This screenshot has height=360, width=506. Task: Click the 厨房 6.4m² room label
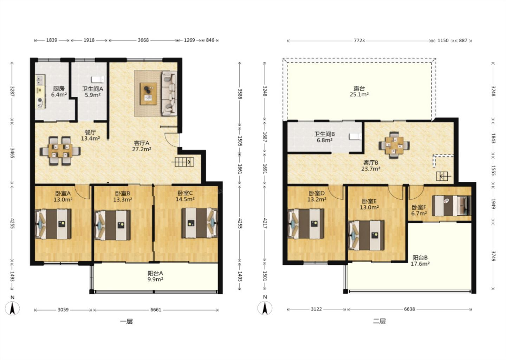click(x=59, y=91)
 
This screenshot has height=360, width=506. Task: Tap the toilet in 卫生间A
click(x=98, y=79)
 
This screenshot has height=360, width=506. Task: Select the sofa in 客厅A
click(x=169, y=93)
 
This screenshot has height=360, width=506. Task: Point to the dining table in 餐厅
click(x=60, y=151)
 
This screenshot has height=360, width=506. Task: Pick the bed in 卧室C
click(x=200, y=223)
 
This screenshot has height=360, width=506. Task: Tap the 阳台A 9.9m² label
click(x=155, y=276)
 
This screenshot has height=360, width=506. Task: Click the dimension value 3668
click(x=143, y=40)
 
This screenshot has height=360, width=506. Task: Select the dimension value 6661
click(x=156, y=310)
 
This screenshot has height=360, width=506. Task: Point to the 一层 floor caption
click(x=126, y=321)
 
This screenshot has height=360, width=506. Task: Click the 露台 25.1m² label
click(x=359, y=91)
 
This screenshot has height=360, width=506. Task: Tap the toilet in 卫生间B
click(x=356, y=136)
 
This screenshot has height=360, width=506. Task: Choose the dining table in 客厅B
click(x=394, y=145)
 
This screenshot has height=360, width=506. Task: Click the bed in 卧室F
click(x=452, y=206)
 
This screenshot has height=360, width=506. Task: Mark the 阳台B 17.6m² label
click(x=420, y=261)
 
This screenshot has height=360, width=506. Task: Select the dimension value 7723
click(x=359, y=40)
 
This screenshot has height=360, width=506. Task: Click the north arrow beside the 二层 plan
click(x=265, y=308)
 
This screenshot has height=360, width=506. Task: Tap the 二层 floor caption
click(x=379, y=321)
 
